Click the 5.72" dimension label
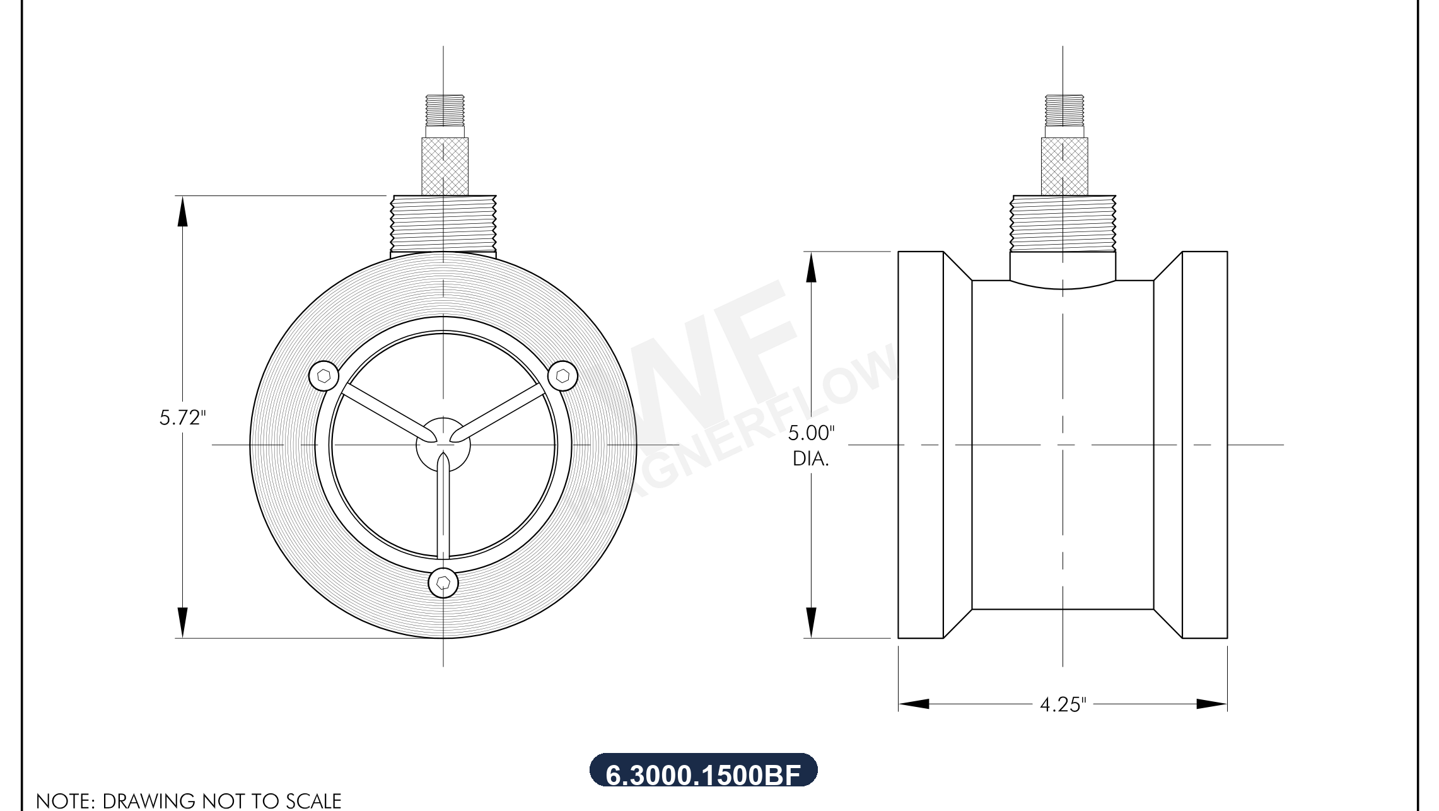pos(182,417)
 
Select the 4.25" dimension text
pos(1063,704)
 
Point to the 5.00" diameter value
pos(811,433)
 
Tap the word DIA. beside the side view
pos(811,459)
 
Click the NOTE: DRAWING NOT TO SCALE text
pos(189,800)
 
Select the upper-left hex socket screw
pos(324,376)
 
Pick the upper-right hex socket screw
pos(562,376)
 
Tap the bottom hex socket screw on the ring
pos(443,583)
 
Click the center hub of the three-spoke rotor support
pos(443,444)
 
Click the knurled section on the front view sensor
pos(445,166)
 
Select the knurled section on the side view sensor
pos(1064,166)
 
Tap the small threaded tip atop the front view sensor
pos(445,110)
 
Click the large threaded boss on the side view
pos(1063,224)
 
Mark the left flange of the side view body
pos(921,445)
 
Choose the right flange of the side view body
pos(1204,445)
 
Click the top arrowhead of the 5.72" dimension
pos(182,211)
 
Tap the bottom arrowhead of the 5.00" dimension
pos(811,622)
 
